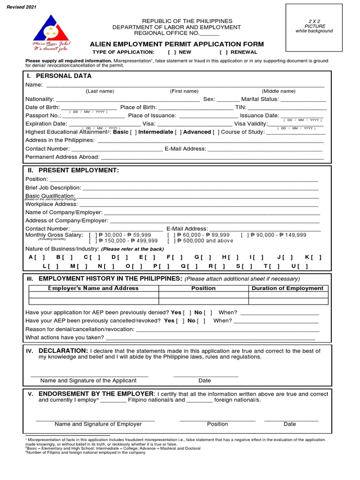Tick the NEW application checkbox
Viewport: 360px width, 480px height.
pyautogui.click(x=171, y=52)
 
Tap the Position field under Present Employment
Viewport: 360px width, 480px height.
pyautogui.click(x=183, y=179)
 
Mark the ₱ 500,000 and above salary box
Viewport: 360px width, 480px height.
pyautogui.click(x=170, y=241)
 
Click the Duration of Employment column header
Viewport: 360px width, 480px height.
pyautogui.click(x=287, y=288)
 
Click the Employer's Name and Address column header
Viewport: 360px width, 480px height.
pyautogui.click(x=94, y=288)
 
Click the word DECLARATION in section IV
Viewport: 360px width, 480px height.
pyautogui.click(x=63, y=351)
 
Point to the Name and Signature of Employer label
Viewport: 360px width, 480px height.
pyautogui.click(x=98, y=424)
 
